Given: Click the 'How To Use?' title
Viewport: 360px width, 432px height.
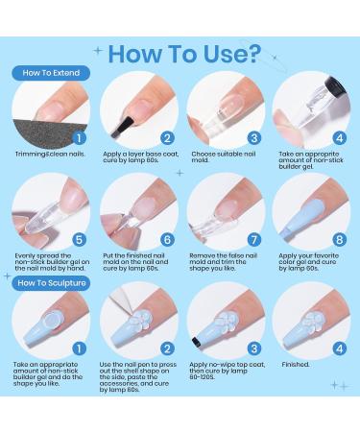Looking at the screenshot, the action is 184,54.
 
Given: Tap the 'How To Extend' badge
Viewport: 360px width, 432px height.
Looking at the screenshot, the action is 51,73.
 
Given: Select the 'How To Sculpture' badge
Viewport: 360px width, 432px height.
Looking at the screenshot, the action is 51,283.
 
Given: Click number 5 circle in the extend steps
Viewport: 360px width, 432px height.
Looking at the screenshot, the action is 79,240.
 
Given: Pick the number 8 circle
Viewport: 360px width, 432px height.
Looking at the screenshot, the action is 340,240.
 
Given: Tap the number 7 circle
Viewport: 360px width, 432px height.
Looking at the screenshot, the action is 254,240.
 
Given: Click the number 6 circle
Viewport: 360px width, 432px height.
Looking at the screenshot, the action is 167,240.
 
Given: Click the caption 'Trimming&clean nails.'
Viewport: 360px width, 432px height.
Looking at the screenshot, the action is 50,155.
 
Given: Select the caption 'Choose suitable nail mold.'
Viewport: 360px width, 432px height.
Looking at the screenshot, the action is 224,156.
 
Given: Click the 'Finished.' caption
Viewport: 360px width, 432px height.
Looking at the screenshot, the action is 296,365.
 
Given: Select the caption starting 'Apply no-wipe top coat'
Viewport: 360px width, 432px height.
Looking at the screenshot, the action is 228,371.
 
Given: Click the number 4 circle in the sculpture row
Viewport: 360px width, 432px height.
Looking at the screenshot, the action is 340,348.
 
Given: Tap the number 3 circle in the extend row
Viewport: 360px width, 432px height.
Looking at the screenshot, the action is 254,138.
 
